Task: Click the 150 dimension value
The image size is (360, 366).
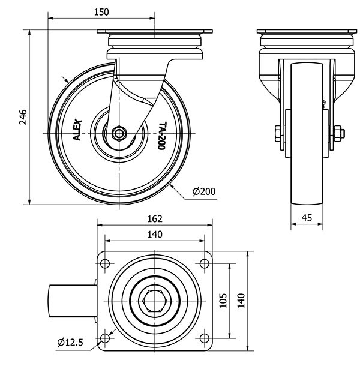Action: [x=102, y=11]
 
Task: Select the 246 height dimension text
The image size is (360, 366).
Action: [x=22, y=118]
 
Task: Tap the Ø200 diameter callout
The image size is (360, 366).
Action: [x=204, y=192]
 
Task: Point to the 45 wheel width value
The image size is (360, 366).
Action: [x=307, y=218]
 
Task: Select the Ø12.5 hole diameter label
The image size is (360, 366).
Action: [x=70, y=343]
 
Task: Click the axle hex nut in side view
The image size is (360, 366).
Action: [x=118, y=132]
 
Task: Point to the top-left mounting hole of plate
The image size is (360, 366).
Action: [x=106, y=263]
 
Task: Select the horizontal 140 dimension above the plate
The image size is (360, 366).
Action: [x=155, y=235]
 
